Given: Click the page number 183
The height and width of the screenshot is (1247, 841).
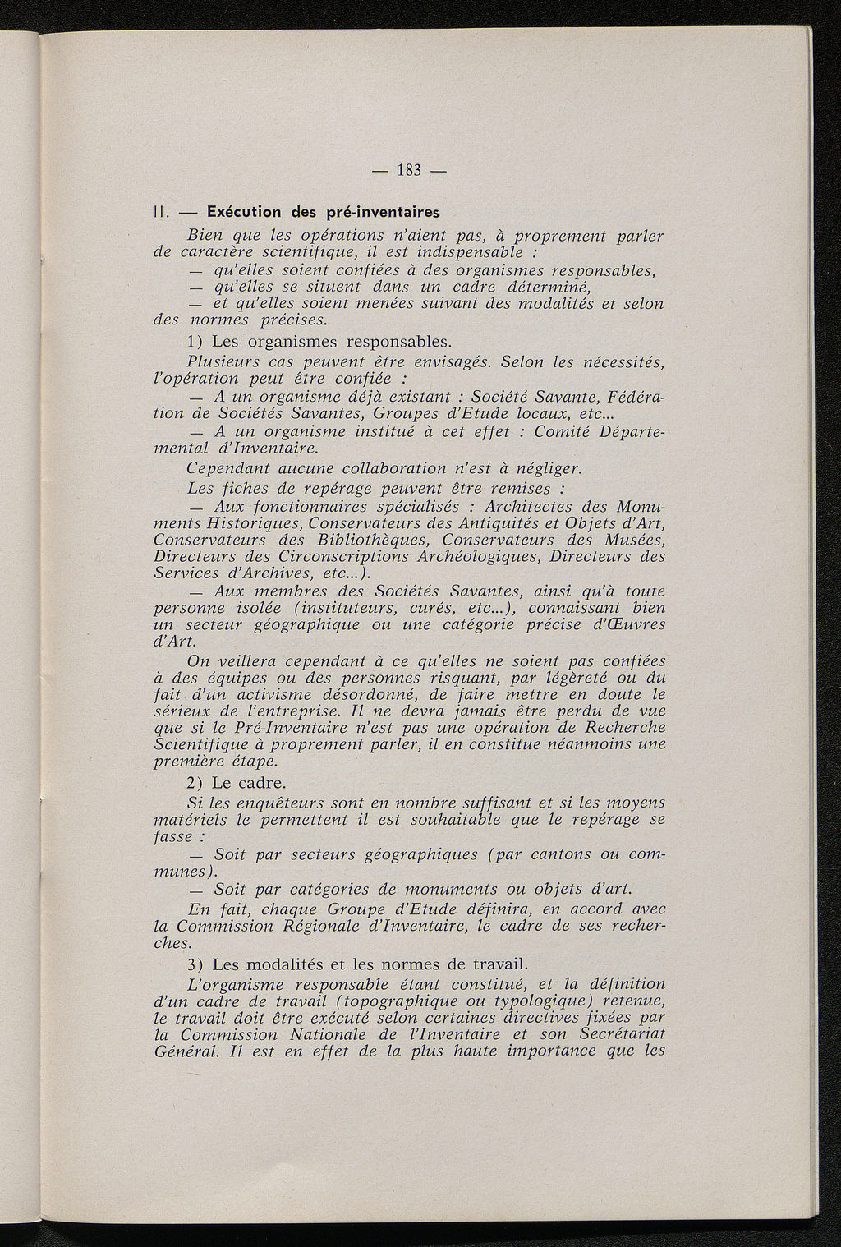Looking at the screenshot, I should [x=409, y=171].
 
